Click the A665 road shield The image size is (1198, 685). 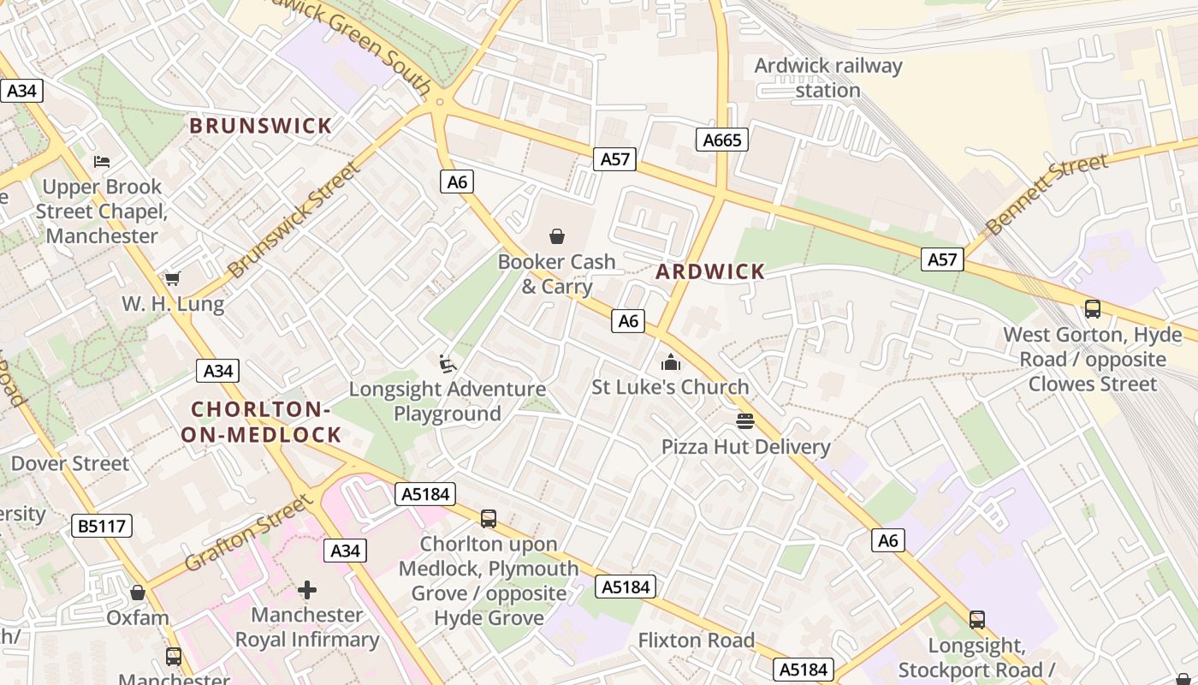pos(721,140)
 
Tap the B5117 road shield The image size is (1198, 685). pos(103,526)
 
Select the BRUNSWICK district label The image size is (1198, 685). pos(260,126)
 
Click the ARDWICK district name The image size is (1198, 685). pos(710,272)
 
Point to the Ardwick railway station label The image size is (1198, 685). pos(827,78)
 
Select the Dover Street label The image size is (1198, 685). pos(70,464)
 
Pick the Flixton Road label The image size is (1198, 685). pos(696,640)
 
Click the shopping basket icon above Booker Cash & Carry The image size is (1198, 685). pos(557,236)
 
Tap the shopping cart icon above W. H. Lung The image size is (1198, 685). pos(173,278)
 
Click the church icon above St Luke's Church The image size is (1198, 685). pos(671,362)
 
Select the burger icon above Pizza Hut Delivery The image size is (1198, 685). pos(745,421)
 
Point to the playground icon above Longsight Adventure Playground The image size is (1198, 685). pos(447,364)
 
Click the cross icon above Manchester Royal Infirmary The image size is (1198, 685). pos(307,590)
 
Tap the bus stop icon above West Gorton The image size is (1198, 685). pos(1092,309)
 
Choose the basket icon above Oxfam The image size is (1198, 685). pos(138,593)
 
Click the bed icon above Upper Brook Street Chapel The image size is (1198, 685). pos(102,162)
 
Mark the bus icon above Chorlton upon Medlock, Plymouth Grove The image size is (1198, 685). pos(488,519)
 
